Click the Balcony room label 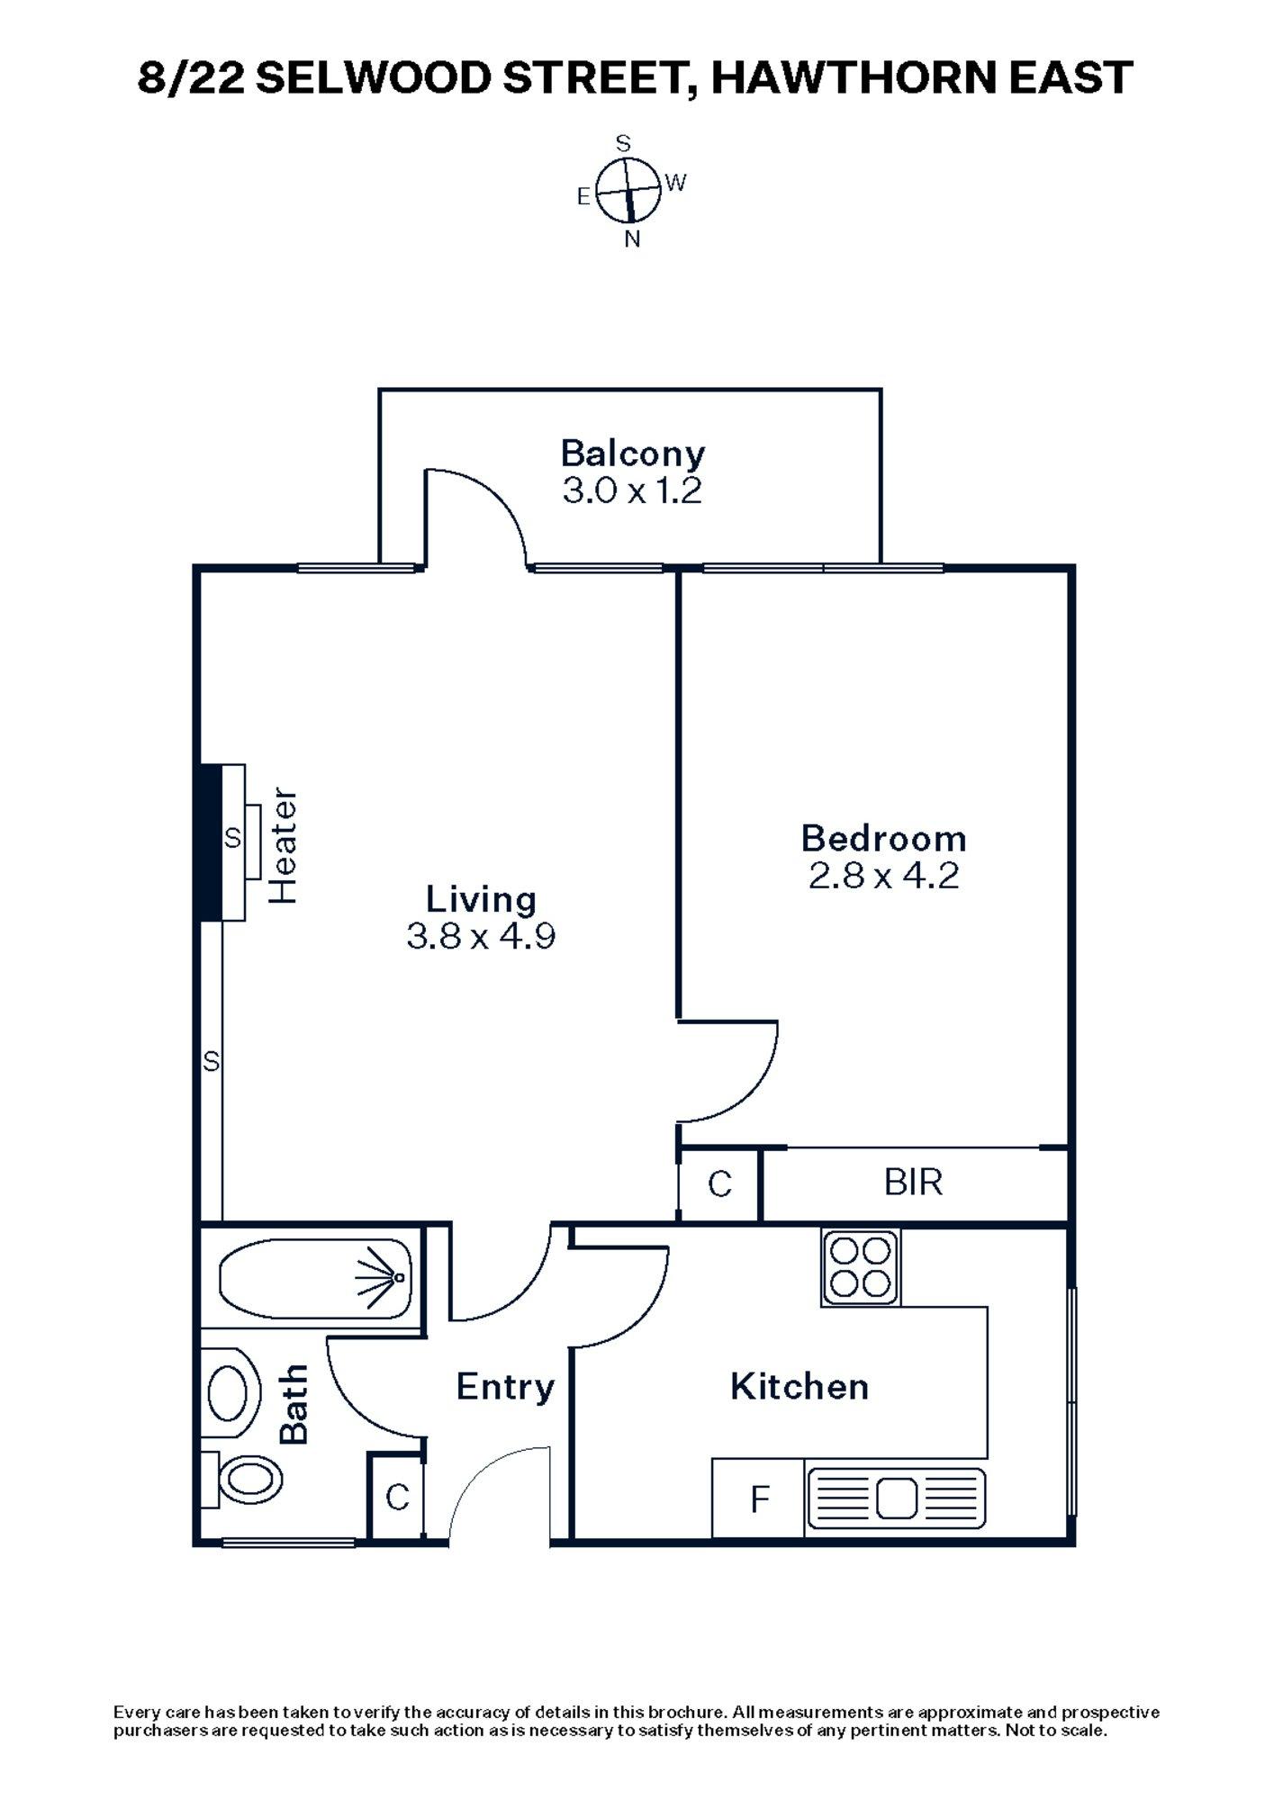[x=632, y=453]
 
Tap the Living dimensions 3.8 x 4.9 [x=481, y=937]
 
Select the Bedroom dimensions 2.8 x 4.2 [x=883, y=875]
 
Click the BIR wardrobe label [x=913, y=1182]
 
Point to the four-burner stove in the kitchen [x=861, y=1267]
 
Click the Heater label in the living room [x=284, y=847]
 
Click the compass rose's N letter [x=632, y=239]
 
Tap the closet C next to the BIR [x=719, y=1184]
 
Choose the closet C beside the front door [x=397, y=1498]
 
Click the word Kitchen [x=800, y=1387]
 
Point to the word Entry [x=504, y=1387]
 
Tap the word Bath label [x=294, y=1404]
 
